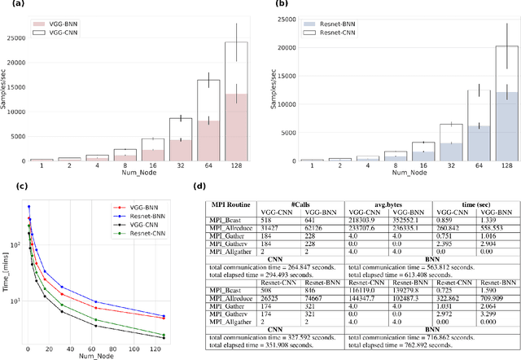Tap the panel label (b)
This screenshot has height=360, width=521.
pyautogui.click(x=282, y=6)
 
